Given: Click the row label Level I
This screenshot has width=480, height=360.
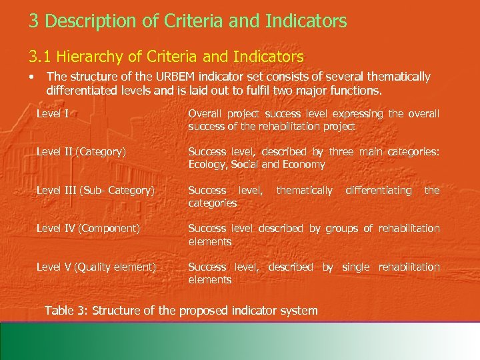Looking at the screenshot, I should coord(53,113).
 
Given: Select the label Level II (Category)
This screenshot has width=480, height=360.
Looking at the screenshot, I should coord(81,151).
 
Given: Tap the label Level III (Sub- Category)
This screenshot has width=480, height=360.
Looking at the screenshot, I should coord(95,191).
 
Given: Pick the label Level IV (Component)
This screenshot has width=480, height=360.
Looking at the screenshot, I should coord(88,229).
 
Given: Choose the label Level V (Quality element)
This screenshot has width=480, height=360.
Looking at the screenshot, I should coord(96,267).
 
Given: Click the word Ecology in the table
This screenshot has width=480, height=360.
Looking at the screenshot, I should coord(207,165).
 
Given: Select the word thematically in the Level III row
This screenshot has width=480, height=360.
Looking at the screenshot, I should coord(304,191).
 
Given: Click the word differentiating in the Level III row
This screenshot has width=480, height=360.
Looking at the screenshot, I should coord(379,191).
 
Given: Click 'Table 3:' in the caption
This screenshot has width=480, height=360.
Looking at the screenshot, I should coord(65,310).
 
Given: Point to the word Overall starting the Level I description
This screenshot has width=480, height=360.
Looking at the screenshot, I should coord(206,114).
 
